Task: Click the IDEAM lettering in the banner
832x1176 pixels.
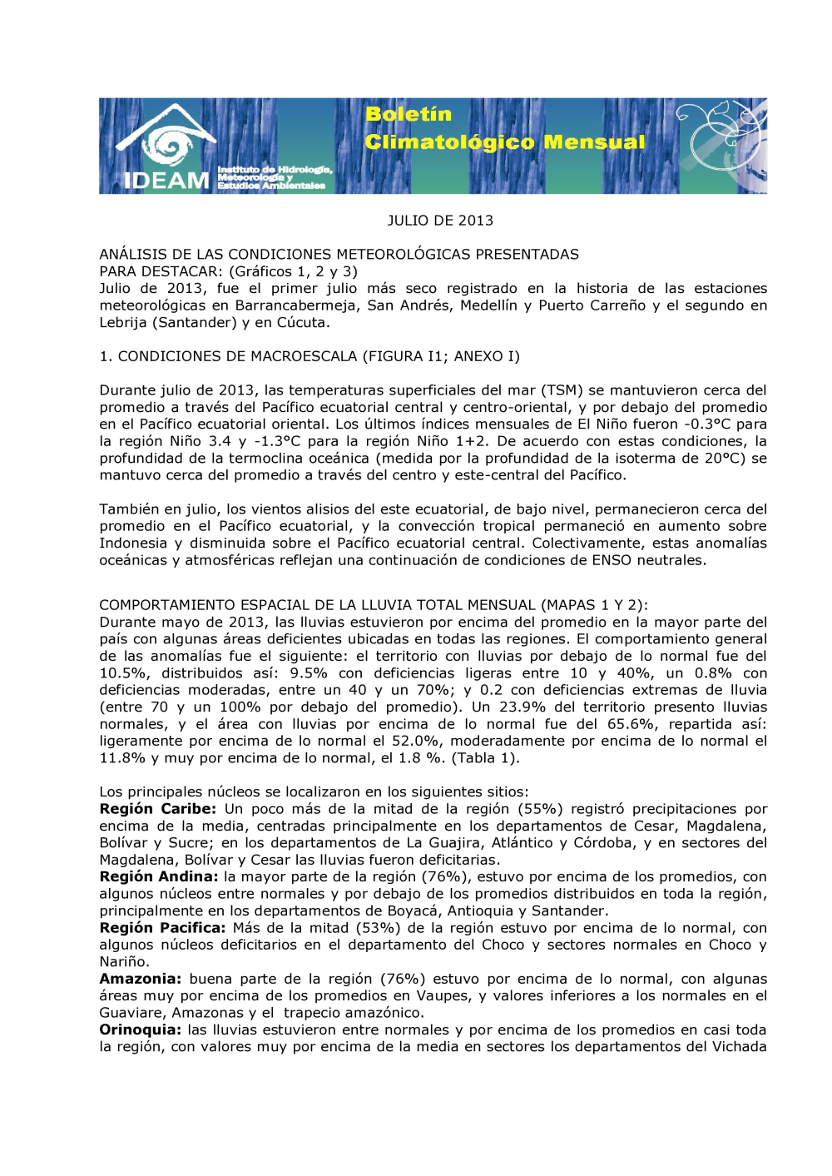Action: (x=166, y=180)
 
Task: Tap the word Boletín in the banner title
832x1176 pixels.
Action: (x=409, y=114)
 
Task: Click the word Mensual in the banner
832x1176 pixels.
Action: (x=594, y=142)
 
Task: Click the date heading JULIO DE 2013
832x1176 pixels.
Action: (x=440, y=221)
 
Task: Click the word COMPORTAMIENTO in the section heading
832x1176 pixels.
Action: (x=169, y=605)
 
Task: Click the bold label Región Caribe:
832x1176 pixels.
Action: (x=157, y=809)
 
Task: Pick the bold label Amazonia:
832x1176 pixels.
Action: (x=140, y=979)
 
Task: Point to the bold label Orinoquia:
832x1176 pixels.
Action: (x=139, y=1030)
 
